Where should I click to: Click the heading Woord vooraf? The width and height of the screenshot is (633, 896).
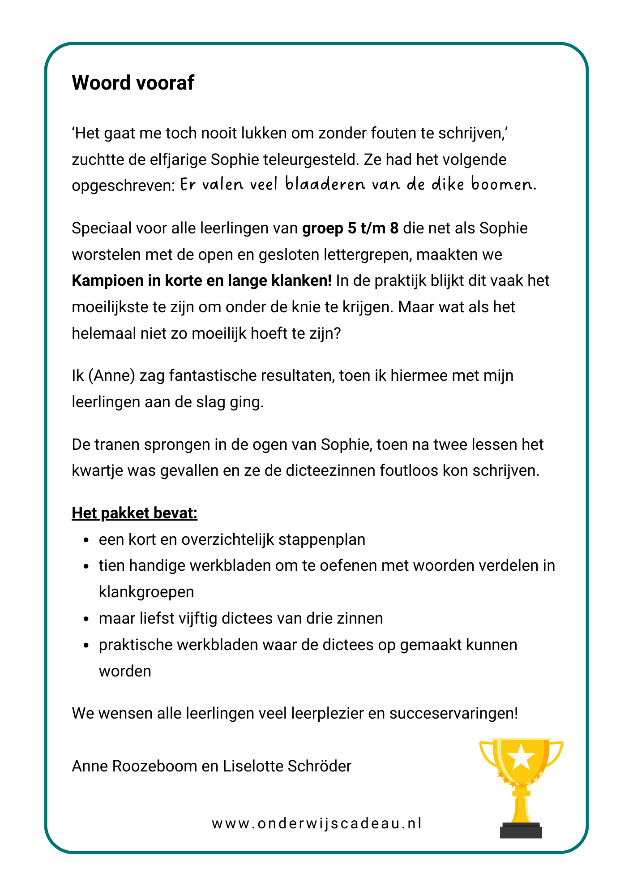click(x=133, y=83)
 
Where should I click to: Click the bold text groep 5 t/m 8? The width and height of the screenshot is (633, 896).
click(x=350, y=228)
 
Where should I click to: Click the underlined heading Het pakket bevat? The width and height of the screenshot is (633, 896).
click(x=134, y=513)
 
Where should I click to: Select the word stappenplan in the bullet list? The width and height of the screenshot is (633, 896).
click(x=321, y=539)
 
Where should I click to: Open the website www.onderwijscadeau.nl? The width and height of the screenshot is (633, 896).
click(x=316, y=823)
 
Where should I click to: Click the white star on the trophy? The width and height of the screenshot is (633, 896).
click(x=522, y=756)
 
